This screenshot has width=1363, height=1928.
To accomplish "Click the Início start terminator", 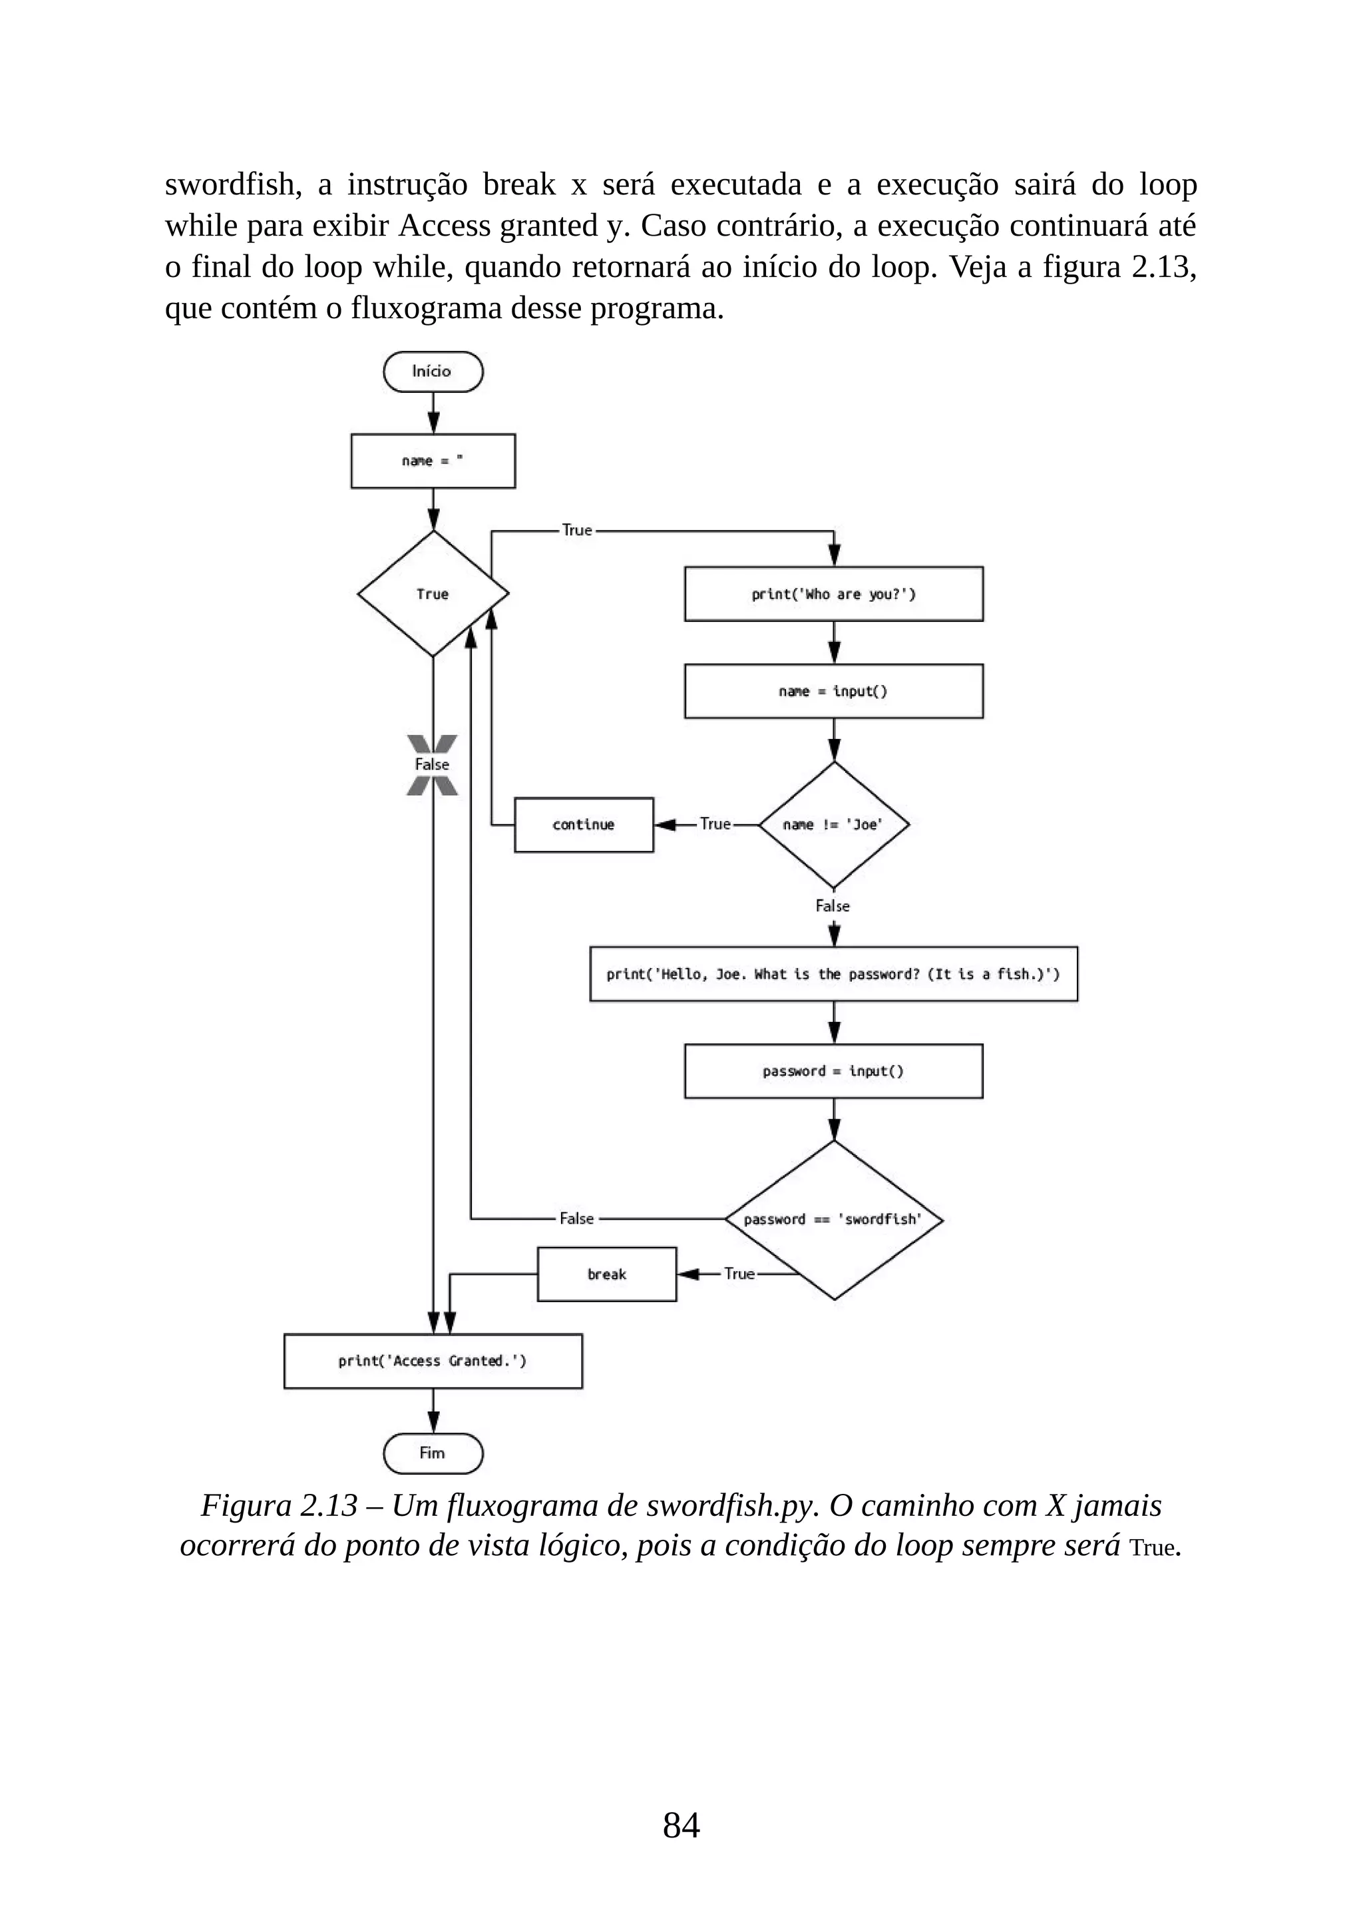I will pos(432,371).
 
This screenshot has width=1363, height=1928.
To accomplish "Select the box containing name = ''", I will pos(432,460).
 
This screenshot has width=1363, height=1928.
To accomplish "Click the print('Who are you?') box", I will pos(833,594).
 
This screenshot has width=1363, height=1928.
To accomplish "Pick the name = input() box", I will pos(833,690).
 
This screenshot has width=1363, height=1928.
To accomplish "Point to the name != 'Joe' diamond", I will pos(833,824).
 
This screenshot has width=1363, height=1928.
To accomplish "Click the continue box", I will pos(583,824).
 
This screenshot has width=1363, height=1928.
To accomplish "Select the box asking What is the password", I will pos(833,973).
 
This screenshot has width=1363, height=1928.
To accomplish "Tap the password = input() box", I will pos(833,1071).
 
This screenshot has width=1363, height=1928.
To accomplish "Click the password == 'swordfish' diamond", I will pos(833,1218).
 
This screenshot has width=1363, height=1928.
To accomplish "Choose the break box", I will pos(606,1274).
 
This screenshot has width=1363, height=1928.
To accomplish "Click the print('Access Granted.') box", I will pos(432,1360).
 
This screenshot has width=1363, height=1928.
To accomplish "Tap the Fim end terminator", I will pos(432,1453).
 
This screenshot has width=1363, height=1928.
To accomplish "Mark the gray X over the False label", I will pos(432,764).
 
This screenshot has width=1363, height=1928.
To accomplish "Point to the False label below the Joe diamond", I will pos(832,905).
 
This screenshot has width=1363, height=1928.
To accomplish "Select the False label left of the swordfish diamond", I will pos(576,1218).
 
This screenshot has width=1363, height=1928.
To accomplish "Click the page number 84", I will pos(681,1825).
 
